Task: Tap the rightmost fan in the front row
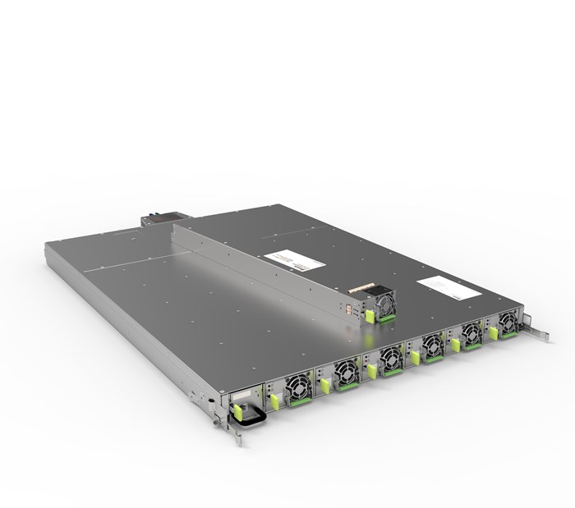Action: pos(507,320)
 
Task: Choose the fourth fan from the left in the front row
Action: pos(432,344)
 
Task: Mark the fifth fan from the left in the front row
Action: pos(471,332)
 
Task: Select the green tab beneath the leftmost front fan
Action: pos(300,402)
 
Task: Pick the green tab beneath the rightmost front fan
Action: pos(509,333)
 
